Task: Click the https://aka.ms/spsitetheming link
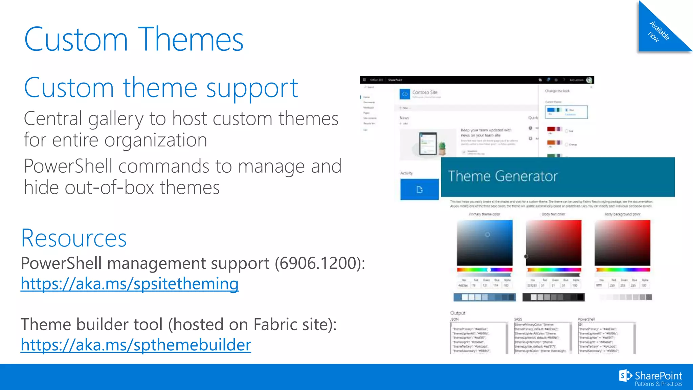[130, 284]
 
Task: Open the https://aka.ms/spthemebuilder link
[136, 345]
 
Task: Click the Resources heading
[74, 238]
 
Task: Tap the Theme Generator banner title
[502, 176]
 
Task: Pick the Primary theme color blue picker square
[485, 243]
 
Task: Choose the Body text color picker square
[553, 243]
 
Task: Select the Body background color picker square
[622, 243]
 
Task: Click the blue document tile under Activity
[419, 190]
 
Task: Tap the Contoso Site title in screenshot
[425, 92]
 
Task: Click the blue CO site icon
[405, 94]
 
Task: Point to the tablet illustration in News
[428, 144]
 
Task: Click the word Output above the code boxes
[457, 313]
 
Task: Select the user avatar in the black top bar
[589, 80]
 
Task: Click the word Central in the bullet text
[53, 119]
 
